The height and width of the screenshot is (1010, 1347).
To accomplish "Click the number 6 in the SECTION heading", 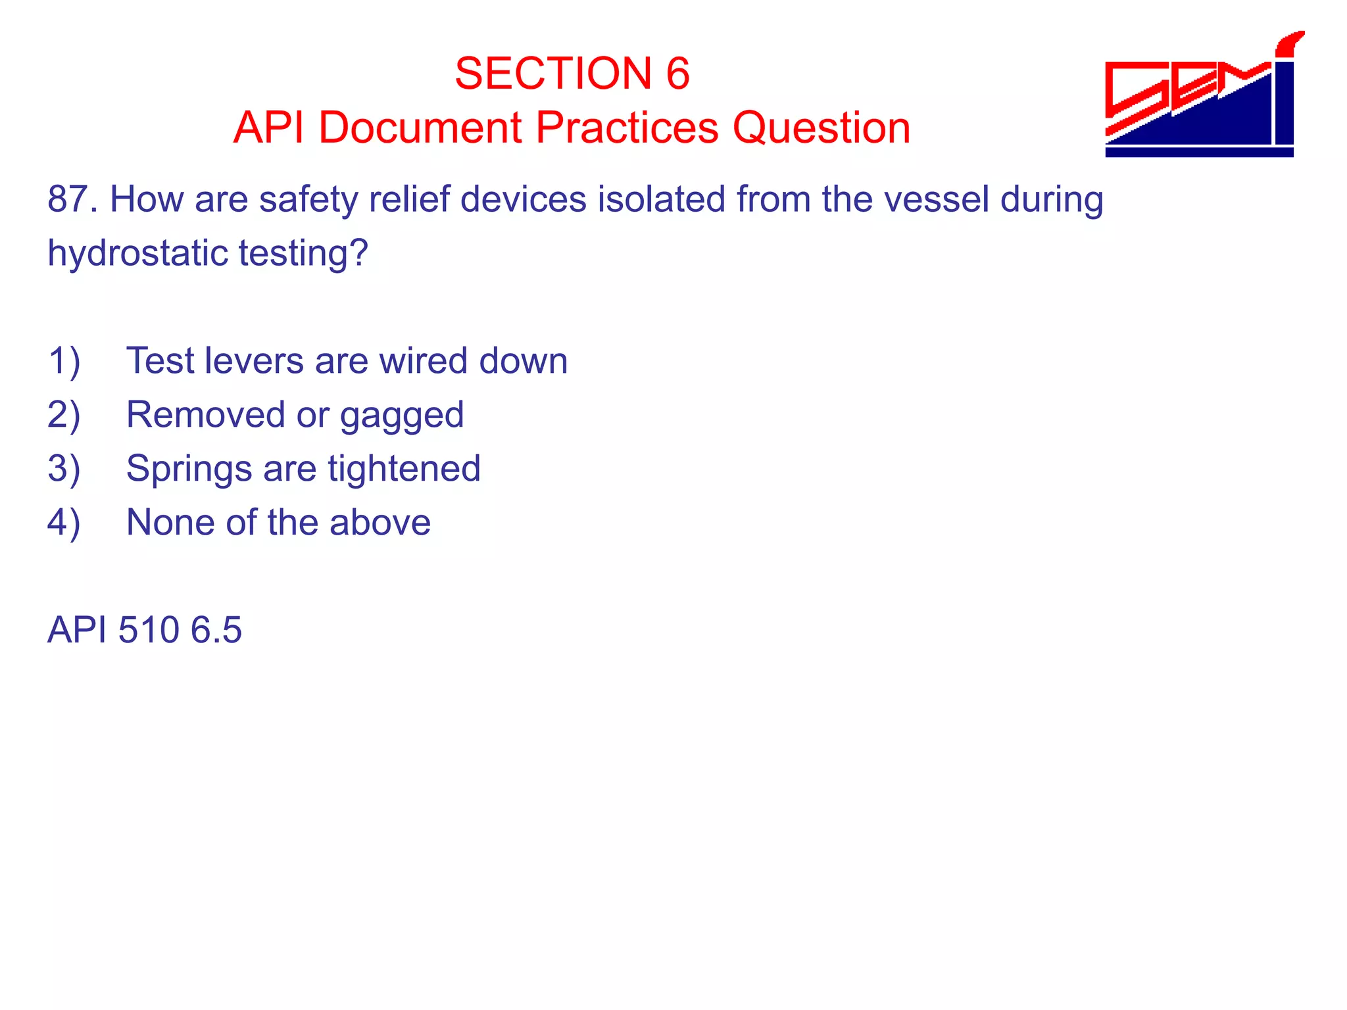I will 677,73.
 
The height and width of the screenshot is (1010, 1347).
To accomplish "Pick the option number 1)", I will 64,361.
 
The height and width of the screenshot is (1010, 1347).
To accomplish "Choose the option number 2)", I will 64,415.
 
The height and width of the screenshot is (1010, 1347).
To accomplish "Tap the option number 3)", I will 64,469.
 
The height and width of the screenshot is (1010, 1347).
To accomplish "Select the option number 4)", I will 64,523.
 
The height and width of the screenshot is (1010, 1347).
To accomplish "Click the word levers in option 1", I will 254,361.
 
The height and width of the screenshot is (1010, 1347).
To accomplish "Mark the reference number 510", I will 148,630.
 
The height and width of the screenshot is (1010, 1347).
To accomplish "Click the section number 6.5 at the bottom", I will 216,630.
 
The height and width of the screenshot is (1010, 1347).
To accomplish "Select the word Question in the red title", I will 821,128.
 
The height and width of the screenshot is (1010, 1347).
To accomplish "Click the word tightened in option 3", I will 404,469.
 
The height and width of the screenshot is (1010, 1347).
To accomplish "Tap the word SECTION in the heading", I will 552,73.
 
